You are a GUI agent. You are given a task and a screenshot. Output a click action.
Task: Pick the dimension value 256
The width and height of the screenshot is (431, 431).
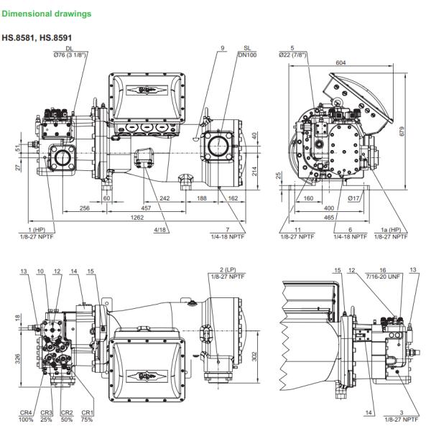[85, 207]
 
